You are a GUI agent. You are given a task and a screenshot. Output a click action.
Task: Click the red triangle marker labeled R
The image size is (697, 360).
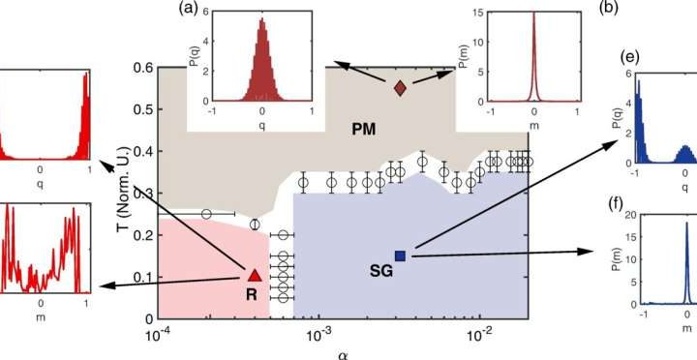[x=255, y=276]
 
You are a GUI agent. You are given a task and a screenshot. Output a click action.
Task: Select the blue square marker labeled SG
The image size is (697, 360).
[x=400, y=255]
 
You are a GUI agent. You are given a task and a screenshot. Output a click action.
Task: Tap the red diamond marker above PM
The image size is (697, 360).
[x=400, y=88]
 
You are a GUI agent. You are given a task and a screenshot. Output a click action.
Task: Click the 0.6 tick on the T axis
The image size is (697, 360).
[x=140, y=67]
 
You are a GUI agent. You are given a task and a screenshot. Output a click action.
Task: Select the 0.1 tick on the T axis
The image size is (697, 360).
[x=140, y=278]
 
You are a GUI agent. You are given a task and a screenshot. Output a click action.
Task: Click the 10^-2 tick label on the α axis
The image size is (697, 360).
[x=479, y=334]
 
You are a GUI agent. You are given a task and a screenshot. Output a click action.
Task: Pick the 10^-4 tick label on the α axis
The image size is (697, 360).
[x=157, y=334]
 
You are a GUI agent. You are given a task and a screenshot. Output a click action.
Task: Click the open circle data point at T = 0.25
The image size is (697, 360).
[x=205, y=214]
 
